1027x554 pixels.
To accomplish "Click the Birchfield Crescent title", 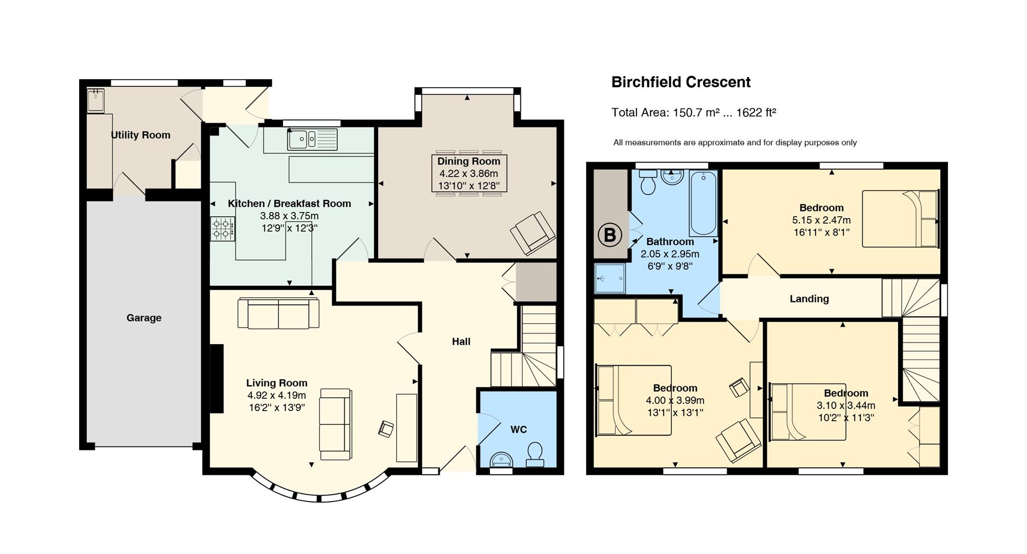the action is [681, 82].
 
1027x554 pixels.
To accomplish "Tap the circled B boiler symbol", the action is [609, 235].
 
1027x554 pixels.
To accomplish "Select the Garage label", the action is [144, 318].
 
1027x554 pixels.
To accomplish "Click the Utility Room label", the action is [141, 135].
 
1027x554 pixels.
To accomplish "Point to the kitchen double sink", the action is [312, 139].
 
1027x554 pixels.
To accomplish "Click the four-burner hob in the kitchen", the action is [223, 229].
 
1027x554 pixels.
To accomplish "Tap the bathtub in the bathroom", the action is [703, 203].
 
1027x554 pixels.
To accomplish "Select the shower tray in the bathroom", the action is [610, 278].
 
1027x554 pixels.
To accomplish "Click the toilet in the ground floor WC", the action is [535, 454].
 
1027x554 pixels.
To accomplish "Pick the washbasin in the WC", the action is [502, 459].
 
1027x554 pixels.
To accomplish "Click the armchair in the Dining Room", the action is [533, 233].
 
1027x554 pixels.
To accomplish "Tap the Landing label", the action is [809, 299].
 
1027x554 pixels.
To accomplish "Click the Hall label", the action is [461, 341].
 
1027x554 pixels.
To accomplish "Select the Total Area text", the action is [694, 112].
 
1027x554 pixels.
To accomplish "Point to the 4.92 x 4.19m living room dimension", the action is [277, 396].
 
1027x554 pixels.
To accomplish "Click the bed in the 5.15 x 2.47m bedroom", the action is [901, 218].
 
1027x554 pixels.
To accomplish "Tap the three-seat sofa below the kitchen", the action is [278, 313].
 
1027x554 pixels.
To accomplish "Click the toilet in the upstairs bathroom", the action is [648, 182].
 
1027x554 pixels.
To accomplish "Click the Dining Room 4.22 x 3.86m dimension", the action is [469, 173].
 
